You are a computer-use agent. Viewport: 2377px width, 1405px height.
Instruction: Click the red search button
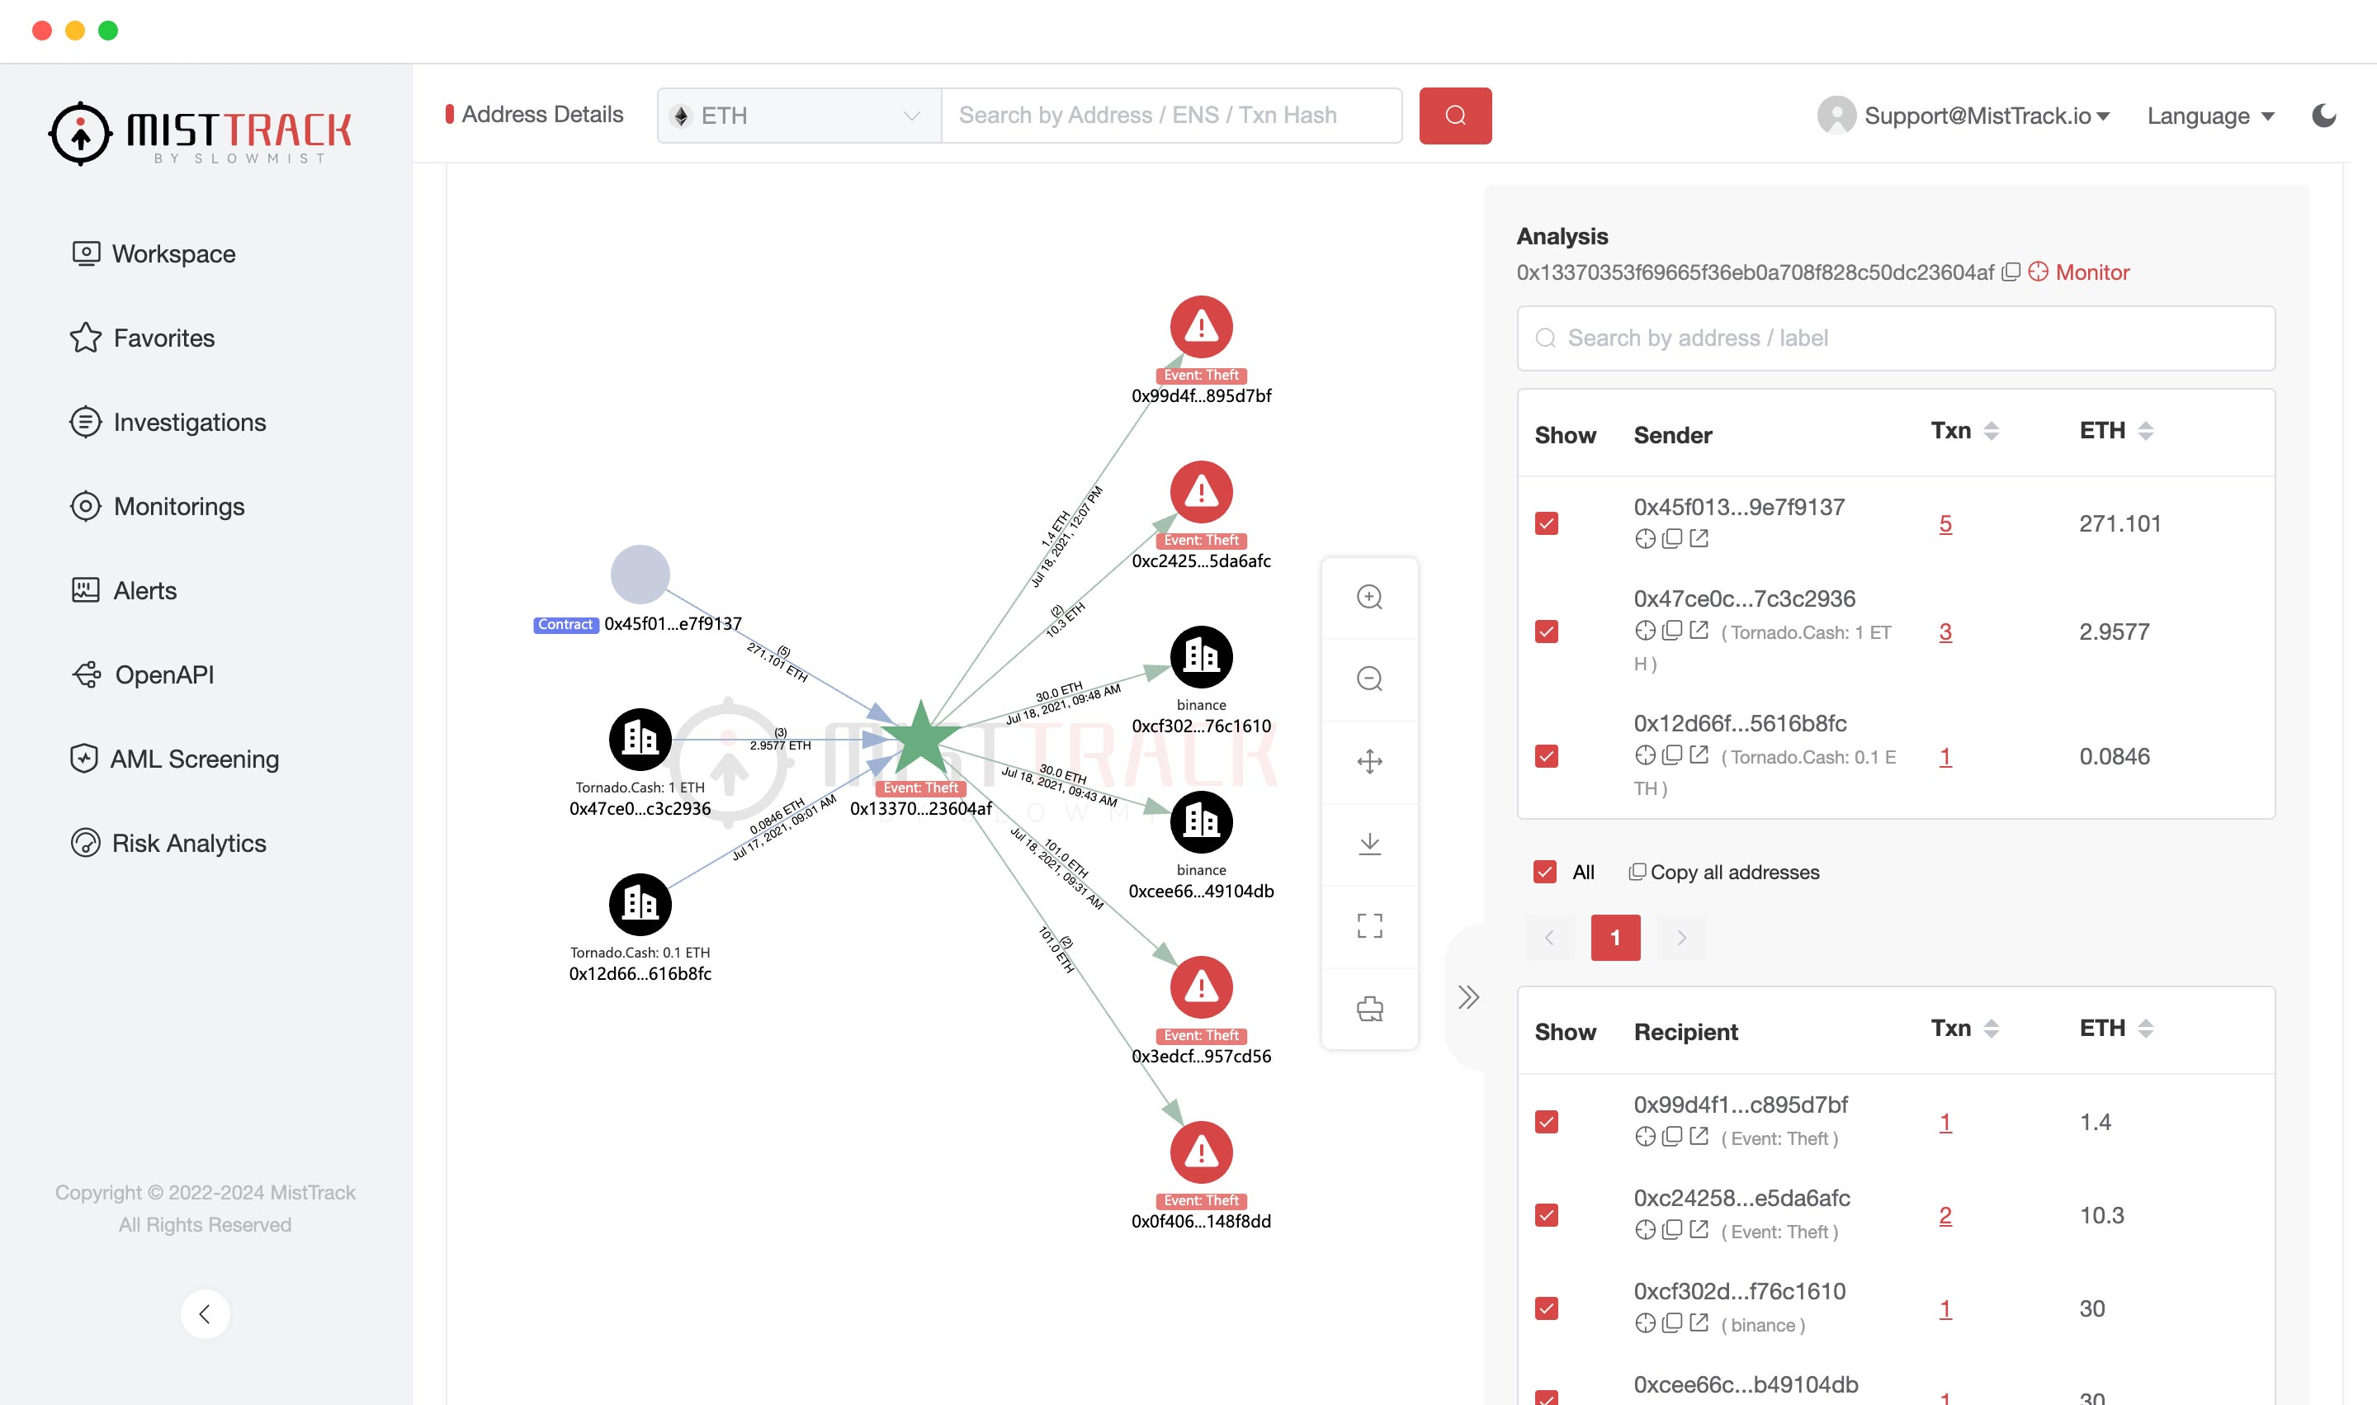[x=1455, y=116]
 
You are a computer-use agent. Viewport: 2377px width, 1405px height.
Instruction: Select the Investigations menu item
[x=188, y=423]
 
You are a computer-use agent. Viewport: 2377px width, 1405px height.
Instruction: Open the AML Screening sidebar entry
[x=193, y=759]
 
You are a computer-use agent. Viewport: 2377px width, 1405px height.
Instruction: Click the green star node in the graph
[x=919, y=739]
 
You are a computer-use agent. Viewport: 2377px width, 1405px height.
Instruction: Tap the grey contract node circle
[x=640, y=575]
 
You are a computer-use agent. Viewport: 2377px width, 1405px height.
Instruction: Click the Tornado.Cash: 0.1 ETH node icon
[x=640, y=904]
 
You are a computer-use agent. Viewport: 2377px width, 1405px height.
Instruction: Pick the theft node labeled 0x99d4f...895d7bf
[x=1201, y=328]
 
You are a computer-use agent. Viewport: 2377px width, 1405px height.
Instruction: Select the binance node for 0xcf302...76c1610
[x=1201, y=657]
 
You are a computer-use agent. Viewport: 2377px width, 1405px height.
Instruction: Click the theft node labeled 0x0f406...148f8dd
[x=1201, y=1152]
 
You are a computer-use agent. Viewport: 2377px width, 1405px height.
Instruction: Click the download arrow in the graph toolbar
[x=1370, y=844]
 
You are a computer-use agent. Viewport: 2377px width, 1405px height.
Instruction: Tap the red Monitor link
[x=2091, y=272]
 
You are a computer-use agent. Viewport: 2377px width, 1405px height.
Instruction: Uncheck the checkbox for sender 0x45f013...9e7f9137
[x=1547, y=523]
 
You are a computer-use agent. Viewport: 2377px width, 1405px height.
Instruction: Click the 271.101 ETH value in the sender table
[x=2119, y=523]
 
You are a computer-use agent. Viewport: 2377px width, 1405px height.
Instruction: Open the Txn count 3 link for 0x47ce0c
[x=1945, y=632]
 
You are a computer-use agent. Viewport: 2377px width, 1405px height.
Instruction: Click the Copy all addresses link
[x=1733, y=872]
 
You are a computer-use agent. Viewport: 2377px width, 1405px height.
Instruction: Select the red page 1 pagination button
[x=1615, y=937]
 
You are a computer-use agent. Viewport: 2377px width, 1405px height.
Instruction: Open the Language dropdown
[x=2209, y=116]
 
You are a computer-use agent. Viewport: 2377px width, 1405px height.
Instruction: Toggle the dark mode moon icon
[x=2324, y=116]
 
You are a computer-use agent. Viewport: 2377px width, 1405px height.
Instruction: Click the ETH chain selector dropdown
[x=799, y=116]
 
